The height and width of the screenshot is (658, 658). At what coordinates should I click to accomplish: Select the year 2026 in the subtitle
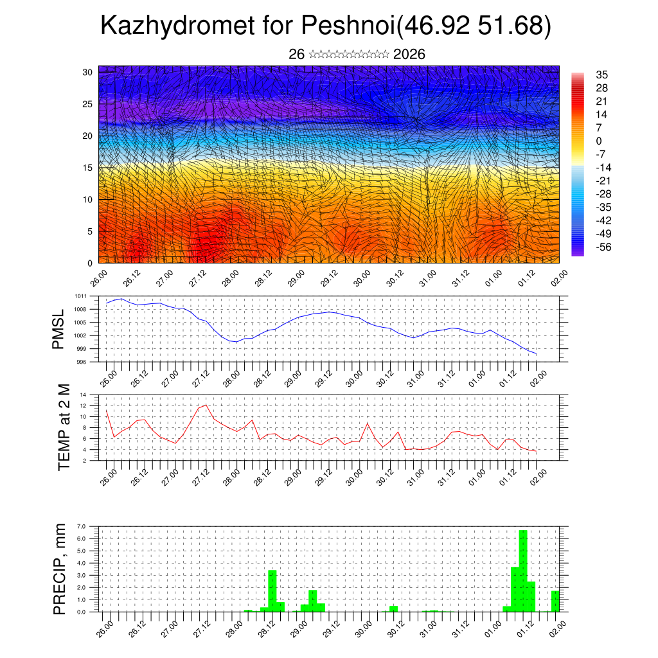[409, 55]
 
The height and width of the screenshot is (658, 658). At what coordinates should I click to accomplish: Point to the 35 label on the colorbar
[602, 75]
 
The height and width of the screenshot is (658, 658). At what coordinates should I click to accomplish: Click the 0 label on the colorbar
[599, 141]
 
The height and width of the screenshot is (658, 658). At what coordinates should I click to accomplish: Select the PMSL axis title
[59, 329]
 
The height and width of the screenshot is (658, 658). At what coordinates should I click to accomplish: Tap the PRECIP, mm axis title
[60, 569]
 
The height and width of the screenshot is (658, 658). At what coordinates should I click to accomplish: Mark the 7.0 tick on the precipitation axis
[82, 526]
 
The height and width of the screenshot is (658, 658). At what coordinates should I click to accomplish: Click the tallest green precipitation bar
[523, 571]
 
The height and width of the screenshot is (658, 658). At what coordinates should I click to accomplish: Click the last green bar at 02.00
[555, 601]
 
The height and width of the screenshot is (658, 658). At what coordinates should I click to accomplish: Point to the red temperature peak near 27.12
[206, 405]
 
